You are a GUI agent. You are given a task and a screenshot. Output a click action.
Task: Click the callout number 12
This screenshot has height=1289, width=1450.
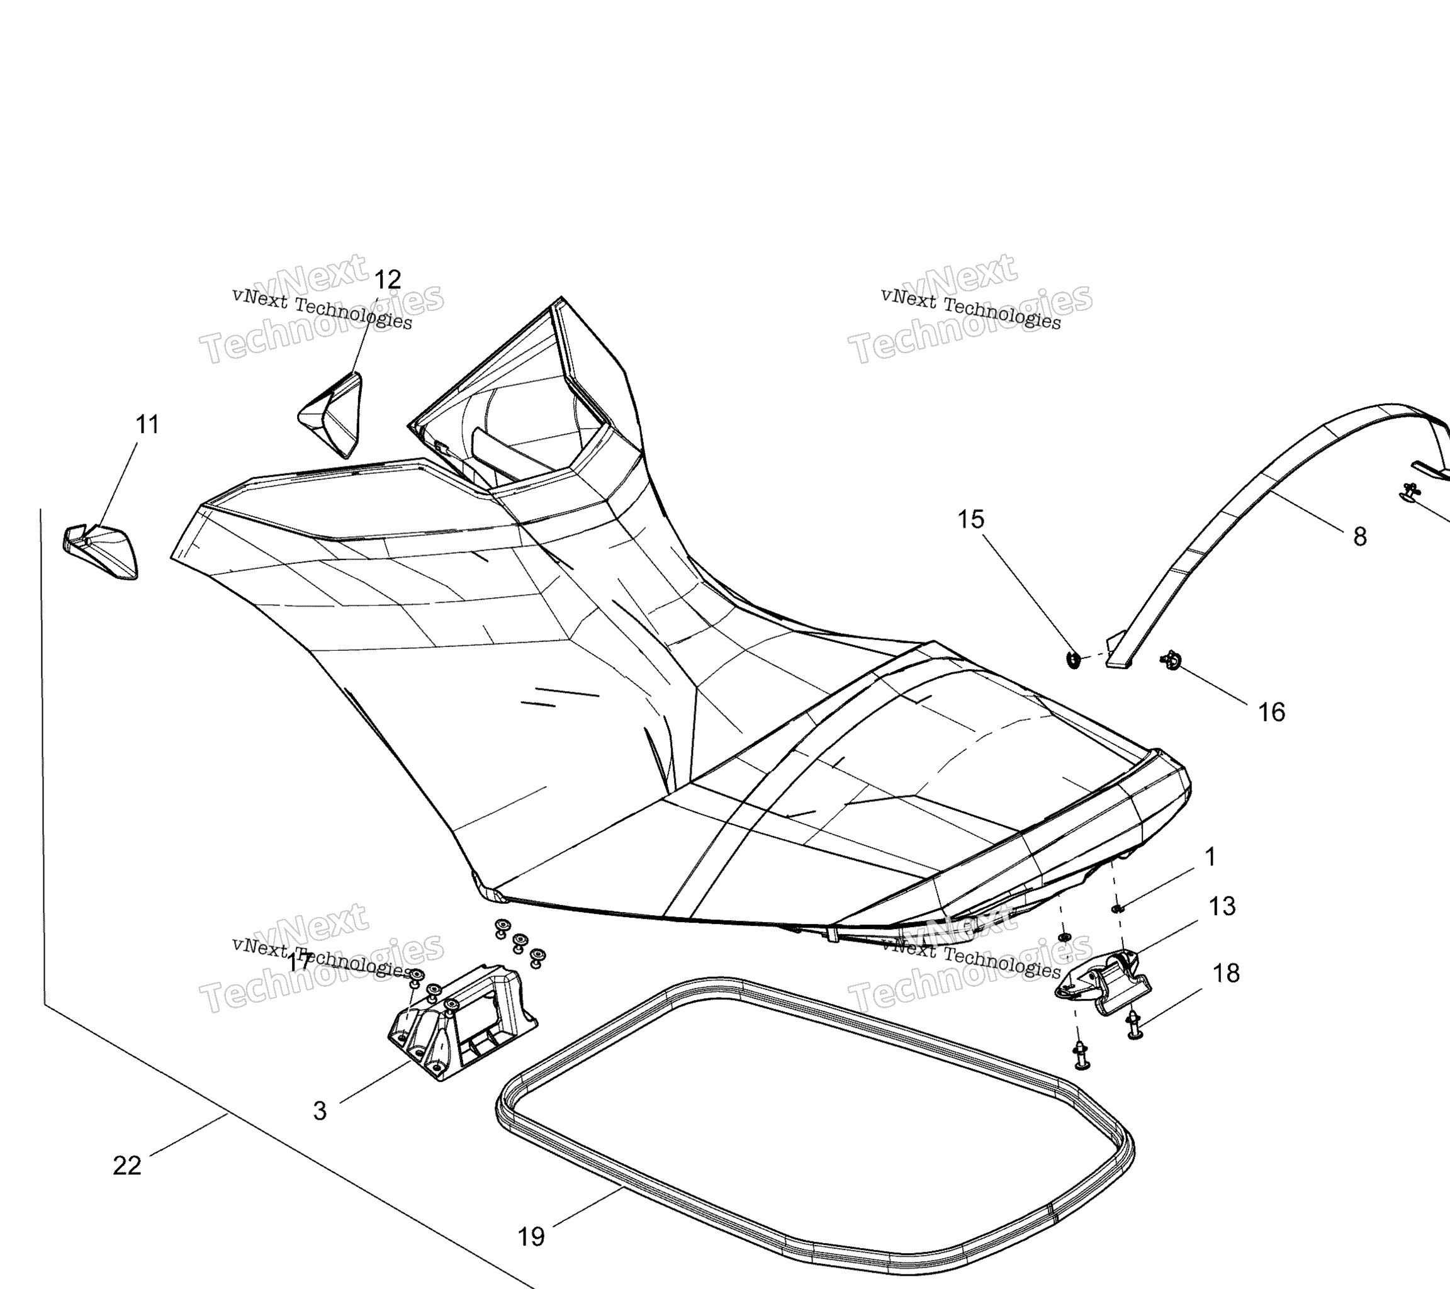tap(387, 279)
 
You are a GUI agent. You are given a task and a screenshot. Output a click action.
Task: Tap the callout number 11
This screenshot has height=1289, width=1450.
tap(147, 424)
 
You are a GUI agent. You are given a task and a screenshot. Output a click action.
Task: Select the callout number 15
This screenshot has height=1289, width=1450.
tap(971, 519)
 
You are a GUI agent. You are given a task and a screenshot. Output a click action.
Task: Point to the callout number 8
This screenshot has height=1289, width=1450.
tap(1360, 537)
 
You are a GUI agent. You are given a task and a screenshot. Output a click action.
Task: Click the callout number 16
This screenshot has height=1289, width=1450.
tap(1271, 712)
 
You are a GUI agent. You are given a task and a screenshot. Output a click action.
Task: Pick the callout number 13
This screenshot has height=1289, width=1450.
tap(1222, 906)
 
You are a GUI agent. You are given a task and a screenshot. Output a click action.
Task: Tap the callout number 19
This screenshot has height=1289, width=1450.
tap(531, 1237)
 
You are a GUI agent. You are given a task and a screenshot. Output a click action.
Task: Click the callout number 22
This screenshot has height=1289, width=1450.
tap(127, 1166)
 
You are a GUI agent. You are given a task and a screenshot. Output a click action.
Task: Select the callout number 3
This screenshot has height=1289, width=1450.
tap(320, 1111)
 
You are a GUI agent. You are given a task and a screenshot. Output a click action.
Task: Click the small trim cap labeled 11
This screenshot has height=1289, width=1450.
tap(101, 551)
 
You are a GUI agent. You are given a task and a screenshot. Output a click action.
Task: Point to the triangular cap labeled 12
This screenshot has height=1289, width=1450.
tap(330, 414)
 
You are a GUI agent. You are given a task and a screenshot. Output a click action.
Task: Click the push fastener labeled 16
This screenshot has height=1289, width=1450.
tap(1171, 661)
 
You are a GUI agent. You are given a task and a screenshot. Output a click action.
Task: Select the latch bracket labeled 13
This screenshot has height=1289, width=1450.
tap(1102, 983)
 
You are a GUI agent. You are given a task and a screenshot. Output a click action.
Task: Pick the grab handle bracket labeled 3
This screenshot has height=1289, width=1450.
tap(463, 1022)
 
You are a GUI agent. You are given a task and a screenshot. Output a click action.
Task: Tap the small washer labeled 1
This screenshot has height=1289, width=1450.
tap(1118, 908)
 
